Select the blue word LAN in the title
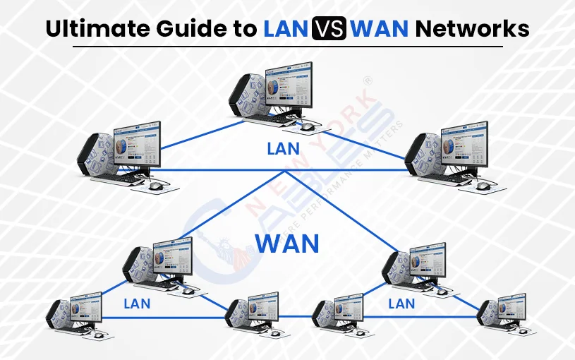(x=285, y=29)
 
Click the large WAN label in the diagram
(x=287, y=244)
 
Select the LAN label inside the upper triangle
(x=283, y=149)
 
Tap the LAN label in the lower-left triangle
(x=137, y=304)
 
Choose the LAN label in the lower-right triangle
(x=401, y=304)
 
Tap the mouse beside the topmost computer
(x=307, y=126)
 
